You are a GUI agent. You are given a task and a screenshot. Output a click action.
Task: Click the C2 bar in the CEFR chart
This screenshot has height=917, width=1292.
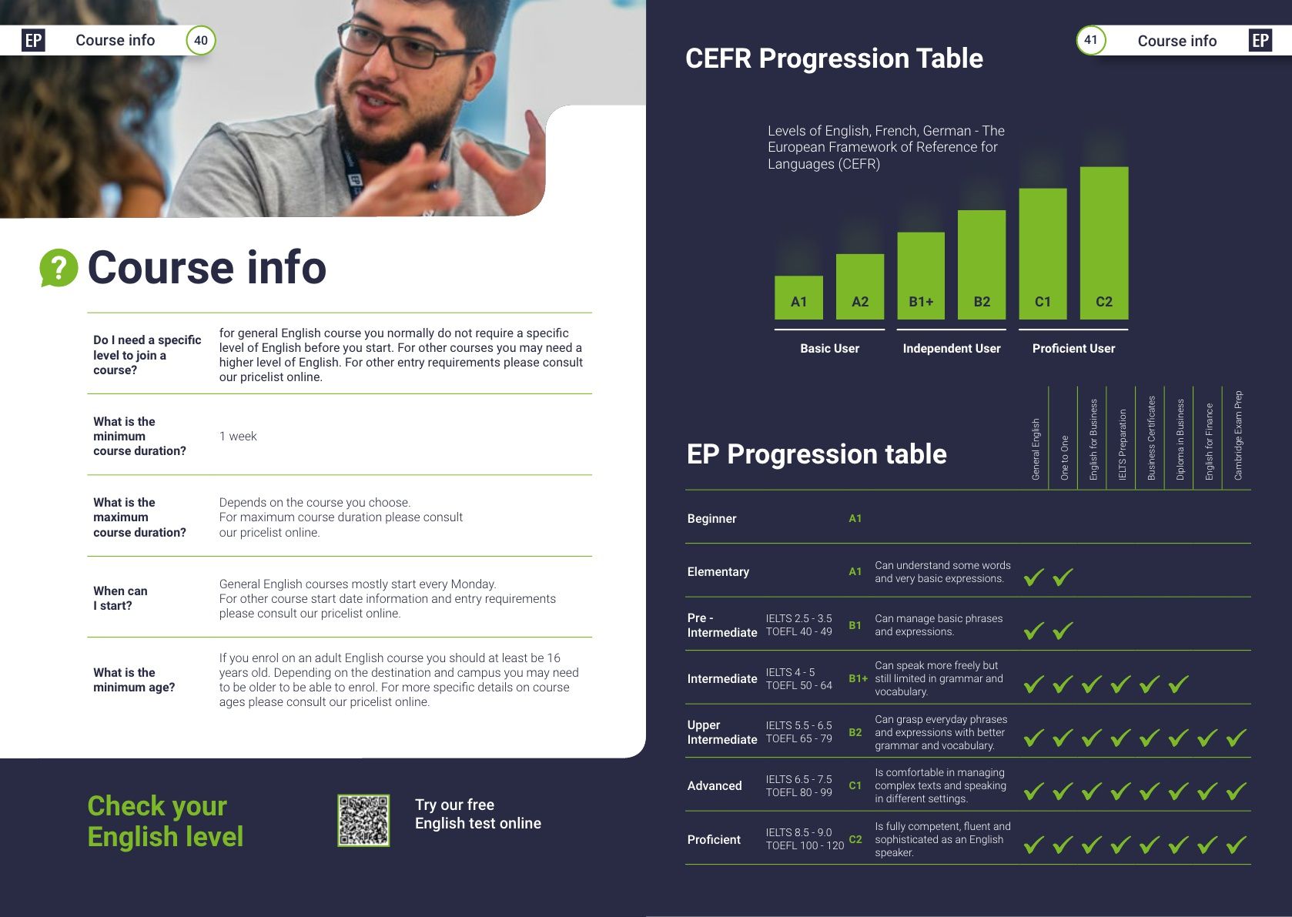click(x=1104, y=243)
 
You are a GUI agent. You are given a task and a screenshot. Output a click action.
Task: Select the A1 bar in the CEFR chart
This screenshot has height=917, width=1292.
click(x=799, y=298)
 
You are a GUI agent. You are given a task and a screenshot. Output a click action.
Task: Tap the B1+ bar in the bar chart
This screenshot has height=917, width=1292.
click(x=921, y=276)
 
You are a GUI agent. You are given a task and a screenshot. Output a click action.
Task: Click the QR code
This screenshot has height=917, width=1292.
click(x=363, y=821)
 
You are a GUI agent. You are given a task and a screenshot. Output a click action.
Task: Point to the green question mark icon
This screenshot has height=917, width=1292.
click(x=59, y=268)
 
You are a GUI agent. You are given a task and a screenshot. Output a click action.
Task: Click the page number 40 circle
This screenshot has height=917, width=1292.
click(x=201, y=40)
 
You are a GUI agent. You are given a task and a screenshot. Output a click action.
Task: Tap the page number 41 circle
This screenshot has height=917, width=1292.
click(x=1091, y=40)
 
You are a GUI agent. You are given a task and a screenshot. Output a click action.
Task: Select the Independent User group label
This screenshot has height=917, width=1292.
click(x=952, y=348)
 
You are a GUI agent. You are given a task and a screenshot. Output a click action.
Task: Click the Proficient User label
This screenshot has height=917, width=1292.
click(x=1073, y=348)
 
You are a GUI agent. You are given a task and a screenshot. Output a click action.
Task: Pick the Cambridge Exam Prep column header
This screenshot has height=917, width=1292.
click(x=1238, y=436)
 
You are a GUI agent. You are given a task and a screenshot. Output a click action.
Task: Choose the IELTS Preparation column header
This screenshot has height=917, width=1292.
click(x=1122, y=445)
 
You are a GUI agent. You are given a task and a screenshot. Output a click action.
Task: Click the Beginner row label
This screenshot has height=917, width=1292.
click(x=711, y=518)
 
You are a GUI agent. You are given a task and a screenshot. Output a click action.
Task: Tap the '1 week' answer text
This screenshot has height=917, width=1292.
click(x=238, y=436)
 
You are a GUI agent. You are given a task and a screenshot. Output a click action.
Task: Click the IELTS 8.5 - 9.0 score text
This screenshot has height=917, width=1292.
click(x=799, y=832)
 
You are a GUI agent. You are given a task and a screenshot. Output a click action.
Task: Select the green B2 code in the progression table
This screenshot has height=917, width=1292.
click(x=855, y=732)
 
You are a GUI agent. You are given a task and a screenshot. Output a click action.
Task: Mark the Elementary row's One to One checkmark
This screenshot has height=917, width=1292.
click(x=1063, y=577)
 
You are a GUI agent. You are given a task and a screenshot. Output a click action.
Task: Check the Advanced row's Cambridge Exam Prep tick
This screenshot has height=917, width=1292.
click(x=1237, y=791)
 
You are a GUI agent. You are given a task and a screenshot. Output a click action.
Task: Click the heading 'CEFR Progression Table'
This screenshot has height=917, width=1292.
click(x=834, y=59)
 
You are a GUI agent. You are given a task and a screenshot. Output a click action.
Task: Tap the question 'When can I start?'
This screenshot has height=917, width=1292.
click(x=121, y=598)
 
